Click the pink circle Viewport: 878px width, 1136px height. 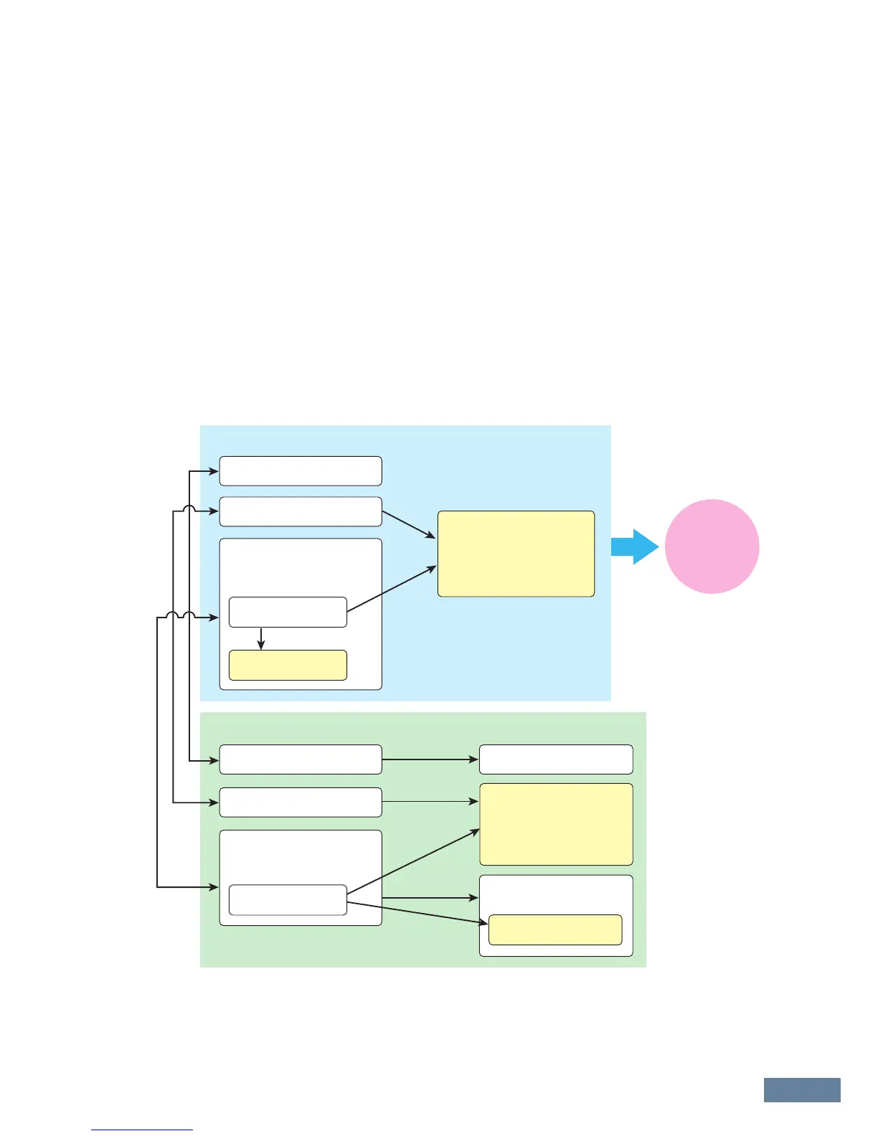click(x=712, y=546)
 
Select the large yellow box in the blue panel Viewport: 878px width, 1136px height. click(x=516, y=554)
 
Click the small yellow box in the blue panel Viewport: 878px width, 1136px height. click(x=288, y=665)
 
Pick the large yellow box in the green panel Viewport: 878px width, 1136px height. click(x=556, y=824)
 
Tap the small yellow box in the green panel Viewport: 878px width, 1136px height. click(x=554, y=929)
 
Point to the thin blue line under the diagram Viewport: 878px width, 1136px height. click(x=142, y=1130)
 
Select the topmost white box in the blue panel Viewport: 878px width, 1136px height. click(x=300, y=470)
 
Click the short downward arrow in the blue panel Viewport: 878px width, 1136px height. click(x=261, y=638)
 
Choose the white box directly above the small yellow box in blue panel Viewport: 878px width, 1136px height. click(x=288, y=612)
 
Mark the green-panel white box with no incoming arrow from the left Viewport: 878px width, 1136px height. click(x=556, y=759)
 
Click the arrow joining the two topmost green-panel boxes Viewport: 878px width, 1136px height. click(x=430, y=759)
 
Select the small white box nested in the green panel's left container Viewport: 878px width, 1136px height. click(x=288, y=900)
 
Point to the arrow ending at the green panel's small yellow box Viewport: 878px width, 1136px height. click(x=416, y=912)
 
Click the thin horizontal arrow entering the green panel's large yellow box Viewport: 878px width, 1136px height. click(x=430, y=801)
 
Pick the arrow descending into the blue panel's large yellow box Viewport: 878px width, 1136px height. click(x=409, y=525)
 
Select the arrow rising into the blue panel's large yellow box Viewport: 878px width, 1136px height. click(x=392, y=589)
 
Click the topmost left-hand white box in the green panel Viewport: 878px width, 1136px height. click(x=300, y=759)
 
